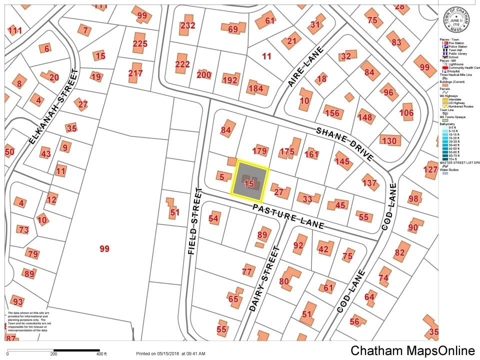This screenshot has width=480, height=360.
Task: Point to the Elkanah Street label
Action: (x=53, y=107)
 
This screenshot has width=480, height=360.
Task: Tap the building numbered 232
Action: (x=187, y=25)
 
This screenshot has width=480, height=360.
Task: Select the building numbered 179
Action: (x=260, y=151)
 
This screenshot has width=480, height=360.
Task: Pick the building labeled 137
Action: (x=369, y=183)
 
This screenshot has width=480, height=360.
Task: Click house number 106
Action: (x=406, y=113)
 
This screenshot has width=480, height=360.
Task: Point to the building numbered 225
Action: (x=140, y=44)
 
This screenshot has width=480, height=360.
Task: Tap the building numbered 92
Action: (x=298, y=245)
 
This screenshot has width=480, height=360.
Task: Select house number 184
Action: (x=255, y=89)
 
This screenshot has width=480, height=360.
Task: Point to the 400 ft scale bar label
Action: (x=101, y=354)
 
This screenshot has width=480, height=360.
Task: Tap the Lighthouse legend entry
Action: (x=455, y=64)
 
